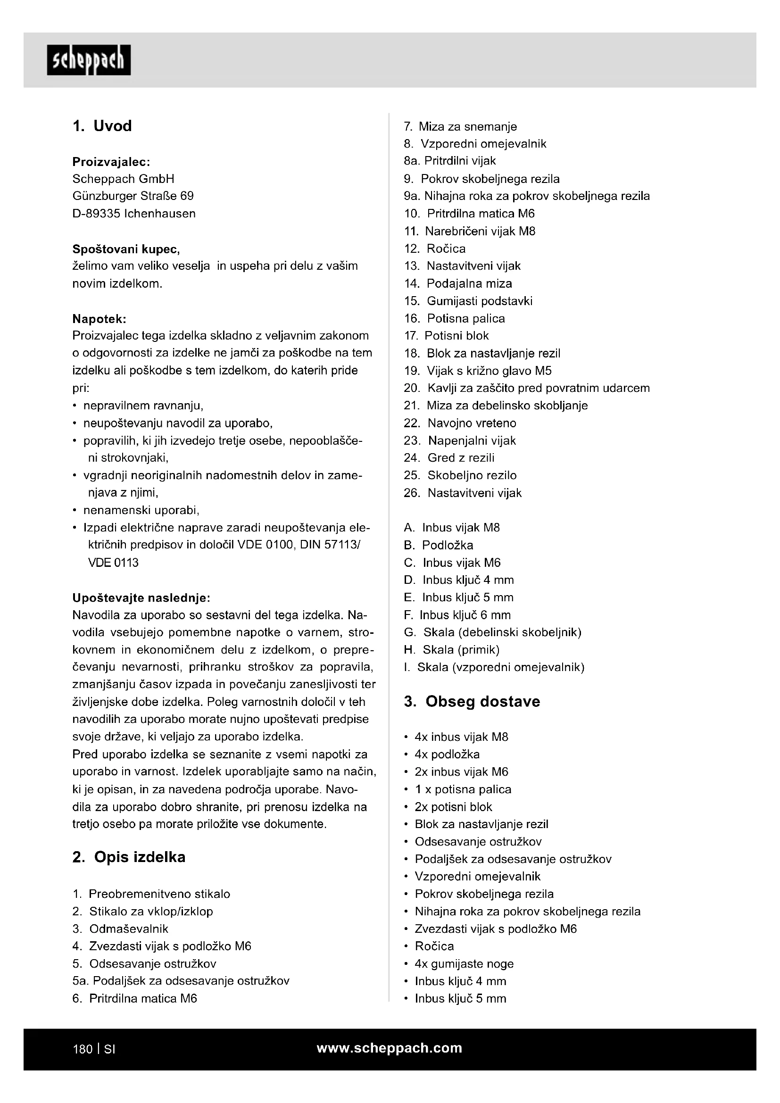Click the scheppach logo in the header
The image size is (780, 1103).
point(88,60)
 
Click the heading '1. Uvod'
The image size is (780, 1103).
point(102,126)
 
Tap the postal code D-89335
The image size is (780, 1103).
point(96,214)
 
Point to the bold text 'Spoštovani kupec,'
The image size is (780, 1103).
point(126,249)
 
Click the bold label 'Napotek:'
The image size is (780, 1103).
point(100,318)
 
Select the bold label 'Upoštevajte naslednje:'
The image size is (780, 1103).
point(141,597)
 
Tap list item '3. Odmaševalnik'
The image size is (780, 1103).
point(120,929)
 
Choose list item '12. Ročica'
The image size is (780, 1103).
point(435,249)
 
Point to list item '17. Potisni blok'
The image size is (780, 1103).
point(446,335)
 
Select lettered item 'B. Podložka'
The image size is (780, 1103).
point(439,545)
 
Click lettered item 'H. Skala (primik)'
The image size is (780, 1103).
point(451,649)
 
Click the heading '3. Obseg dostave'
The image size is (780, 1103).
point(472,701)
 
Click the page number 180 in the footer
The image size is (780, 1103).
point(82,1049)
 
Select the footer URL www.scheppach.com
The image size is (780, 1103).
point(390,1048)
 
